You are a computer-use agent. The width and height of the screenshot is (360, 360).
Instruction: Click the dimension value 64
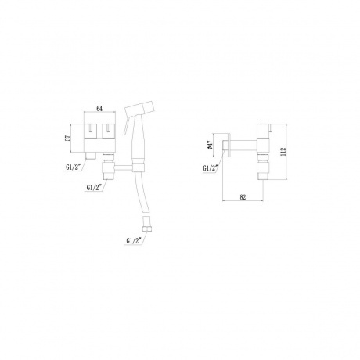(x=99, y=109)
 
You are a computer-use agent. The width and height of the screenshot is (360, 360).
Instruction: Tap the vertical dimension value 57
(x=68, y=138)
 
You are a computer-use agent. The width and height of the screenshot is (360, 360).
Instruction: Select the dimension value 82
(x=243, y=197)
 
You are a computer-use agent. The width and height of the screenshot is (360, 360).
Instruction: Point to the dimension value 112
(x=283, y=152)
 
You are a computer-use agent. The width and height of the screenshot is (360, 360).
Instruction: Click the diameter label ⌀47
(x=211, y=146)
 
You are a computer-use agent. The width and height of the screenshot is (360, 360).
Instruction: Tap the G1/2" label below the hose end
(x=134, y=240)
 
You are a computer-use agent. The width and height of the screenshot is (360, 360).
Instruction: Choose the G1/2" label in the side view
(x=211, y=168)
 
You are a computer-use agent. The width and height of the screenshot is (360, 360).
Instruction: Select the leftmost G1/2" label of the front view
(x=73, y=167)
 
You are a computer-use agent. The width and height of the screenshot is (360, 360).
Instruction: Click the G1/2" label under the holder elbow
(x=94, y=188)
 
